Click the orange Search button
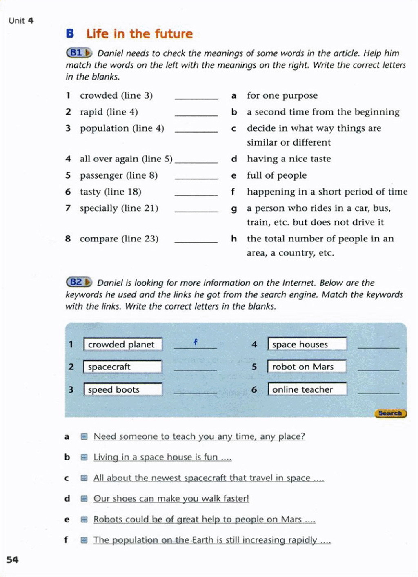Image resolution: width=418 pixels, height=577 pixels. coord(390,413)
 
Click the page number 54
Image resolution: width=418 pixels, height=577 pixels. coord(12,559)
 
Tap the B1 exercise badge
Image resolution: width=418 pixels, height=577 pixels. coord(79,53)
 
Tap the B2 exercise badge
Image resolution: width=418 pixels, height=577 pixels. coord(79,282)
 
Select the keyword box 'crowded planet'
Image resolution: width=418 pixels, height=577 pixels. coord(122,344)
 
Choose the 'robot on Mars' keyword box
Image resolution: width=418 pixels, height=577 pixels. coord(307,367)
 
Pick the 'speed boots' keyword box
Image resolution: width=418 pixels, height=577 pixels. coord(122,389)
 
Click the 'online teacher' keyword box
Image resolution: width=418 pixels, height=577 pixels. coord(307,389)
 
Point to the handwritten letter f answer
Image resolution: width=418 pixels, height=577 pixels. coord(196,342)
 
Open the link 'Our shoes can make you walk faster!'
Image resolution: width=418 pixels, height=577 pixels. coord(171,498)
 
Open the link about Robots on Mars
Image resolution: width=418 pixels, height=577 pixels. coord(204,519)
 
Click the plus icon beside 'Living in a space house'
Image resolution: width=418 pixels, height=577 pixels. coord(84,458)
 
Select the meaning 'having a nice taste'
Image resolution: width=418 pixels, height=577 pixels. coord(289,159)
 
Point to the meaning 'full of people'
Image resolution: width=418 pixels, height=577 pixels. coord(276,175)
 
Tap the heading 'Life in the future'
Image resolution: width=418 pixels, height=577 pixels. coord(139,33)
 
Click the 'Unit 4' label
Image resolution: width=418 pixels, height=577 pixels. coord(21,20)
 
